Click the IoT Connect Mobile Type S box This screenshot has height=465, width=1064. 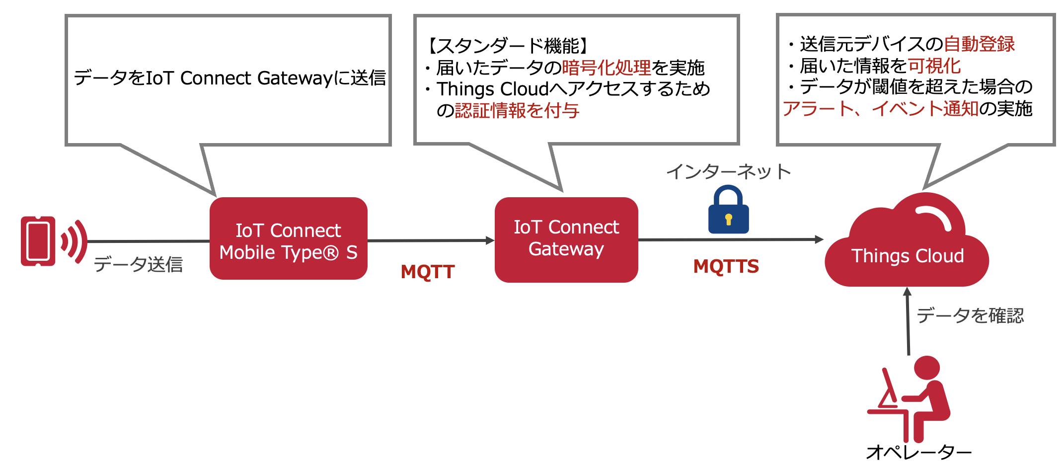[288, 238]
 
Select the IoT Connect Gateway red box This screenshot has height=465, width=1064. [566, 240]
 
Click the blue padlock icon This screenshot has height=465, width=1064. [728, 209]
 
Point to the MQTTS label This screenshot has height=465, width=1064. [726, 266]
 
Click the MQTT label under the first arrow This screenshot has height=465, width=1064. [428, 272]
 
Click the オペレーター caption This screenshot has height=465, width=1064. [919, 452]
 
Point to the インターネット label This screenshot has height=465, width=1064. [728, 172]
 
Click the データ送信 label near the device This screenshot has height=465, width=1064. [138, 264]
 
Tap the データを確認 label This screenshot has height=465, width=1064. [970, 315]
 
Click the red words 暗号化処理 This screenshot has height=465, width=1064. [607, 68]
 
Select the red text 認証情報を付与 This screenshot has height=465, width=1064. [517, 111]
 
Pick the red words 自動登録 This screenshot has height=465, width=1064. [979, 44]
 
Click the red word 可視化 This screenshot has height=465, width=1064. [934, 66]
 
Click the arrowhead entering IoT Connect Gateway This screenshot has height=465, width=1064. [490, 240]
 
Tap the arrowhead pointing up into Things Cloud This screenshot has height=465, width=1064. [907, 292]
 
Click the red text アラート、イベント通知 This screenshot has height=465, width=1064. [881, 108]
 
